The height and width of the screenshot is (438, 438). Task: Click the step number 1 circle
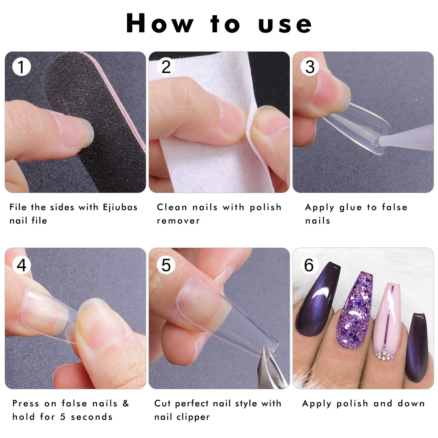point(21,67)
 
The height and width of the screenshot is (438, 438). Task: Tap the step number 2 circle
point(166,67)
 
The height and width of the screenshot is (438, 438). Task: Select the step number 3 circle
point(310,67)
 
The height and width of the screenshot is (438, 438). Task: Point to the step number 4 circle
point(21,265)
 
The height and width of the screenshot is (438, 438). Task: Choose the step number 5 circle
point(166,265)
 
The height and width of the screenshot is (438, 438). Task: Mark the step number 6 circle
point(309,265)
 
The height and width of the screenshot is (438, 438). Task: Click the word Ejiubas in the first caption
point(120,208)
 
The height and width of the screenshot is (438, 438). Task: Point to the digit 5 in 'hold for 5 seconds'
point(63,417)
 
